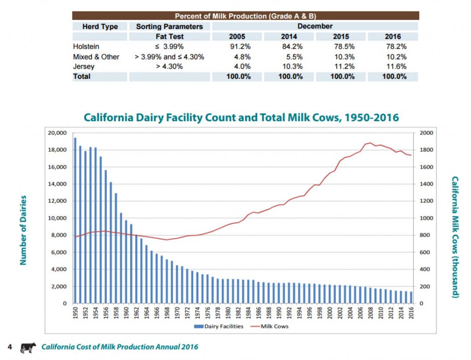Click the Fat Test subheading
(170, 36)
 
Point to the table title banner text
(245, 16)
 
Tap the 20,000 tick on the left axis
(57, 133)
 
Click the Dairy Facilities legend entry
(216, 326)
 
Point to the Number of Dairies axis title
(23, 230)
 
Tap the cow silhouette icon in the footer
(29, 347)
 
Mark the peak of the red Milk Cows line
(370, 143)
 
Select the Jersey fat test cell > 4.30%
(170, 67)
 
